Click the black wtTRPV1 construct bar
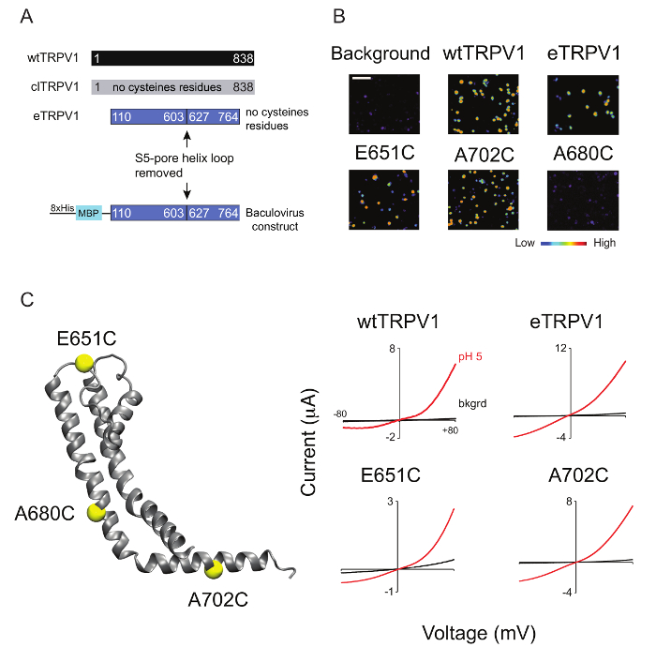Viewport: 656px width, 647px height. (x=172, y=58)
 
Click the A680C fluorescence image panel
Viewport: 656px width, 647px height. (x=583, y=201)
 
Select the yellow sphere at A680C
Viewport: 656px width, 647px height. (x=95, y=512)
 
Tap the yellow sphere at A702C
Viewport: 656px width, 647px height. (x=216, y=568)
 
